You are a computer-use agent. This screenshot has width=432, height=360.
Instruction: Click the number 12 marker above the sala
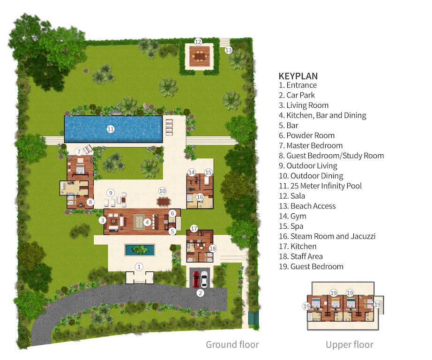pos(198,41)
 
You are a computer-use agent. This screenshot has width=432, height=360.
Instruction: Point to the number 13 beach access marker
pos(229,50)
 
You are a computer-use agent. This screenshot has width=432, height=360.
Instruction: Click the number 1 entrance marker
pos(139,266)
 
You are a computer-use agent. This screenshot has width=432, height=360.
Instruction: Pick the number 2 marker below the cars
pos(200,293)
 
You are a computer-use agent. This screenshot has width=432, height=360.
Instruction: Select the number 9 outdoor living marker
pos(111,192)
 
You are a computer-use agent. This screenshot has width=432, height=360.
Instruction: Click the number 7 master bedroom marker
pos(79,151)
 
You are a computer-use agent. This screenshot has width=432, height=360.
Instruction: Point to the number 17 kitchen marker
pos(194,229)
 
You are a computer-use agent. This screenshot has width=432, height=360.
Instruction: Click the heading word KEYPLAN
pos(298,76)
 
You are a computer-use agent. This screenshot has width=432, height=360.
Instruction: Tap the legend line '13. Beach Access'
pos(307,206)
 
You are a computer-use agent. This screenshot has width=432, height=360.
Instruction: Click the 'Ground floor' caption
pos(232,345)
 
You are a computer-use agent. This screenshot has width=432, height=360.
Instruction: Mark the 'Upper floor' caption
pos(350,345)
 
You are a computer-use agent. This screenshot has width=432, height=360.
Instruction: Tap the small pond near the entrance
pos(140,250)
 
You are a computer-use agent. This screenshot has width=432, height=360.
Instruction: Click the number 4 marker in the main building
pos(147,223)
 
